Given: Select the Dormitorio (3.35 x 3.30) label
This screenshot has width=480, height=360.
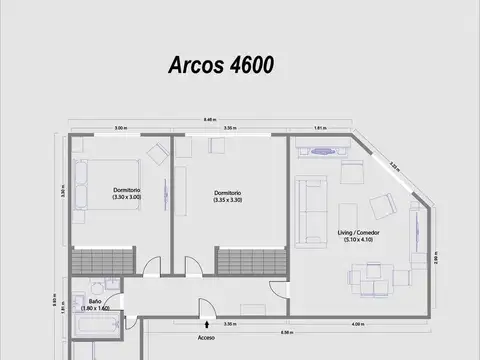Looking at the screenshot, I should point(228,196).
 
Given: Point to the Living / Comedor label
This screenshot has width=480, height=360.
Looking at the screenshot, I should point(358,236).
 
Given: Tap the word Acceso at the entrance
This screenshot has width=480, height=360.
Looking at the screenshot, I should point(206,337).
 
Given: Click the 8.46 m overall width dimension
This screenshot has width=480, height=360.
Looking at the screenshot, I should point(208,119).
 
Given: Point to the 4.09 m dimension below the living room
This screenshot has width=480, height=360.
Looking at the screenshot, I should point(357,324).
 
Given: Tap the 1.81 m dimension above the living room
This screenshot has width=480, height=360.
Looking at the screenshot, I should point(318,128).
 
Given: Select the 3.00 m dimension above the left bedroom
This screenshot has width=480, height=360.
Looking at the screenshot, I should point(120,128).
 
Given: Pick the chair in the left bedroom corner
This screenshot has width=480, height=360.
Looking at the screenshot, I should point(157,153).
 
